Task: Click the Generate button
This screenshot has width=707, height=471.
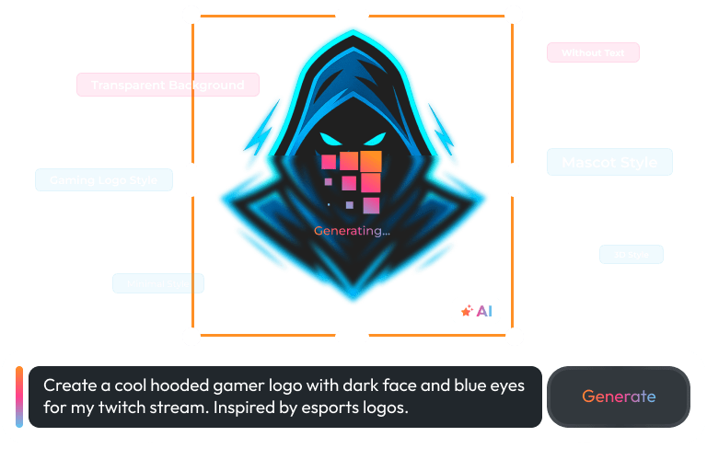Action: (x=619, y=396)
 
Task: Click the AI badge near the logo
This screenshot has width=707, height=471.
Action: (x=476, y=311)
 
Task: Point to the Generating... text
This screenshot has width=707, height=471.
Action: (x=352, y=231)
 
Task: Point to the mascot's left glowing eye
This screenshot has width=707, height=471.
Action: (x=329, y=141)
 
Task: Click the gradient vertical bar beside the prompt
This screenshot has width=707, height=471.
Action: (x=18, y=396)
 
